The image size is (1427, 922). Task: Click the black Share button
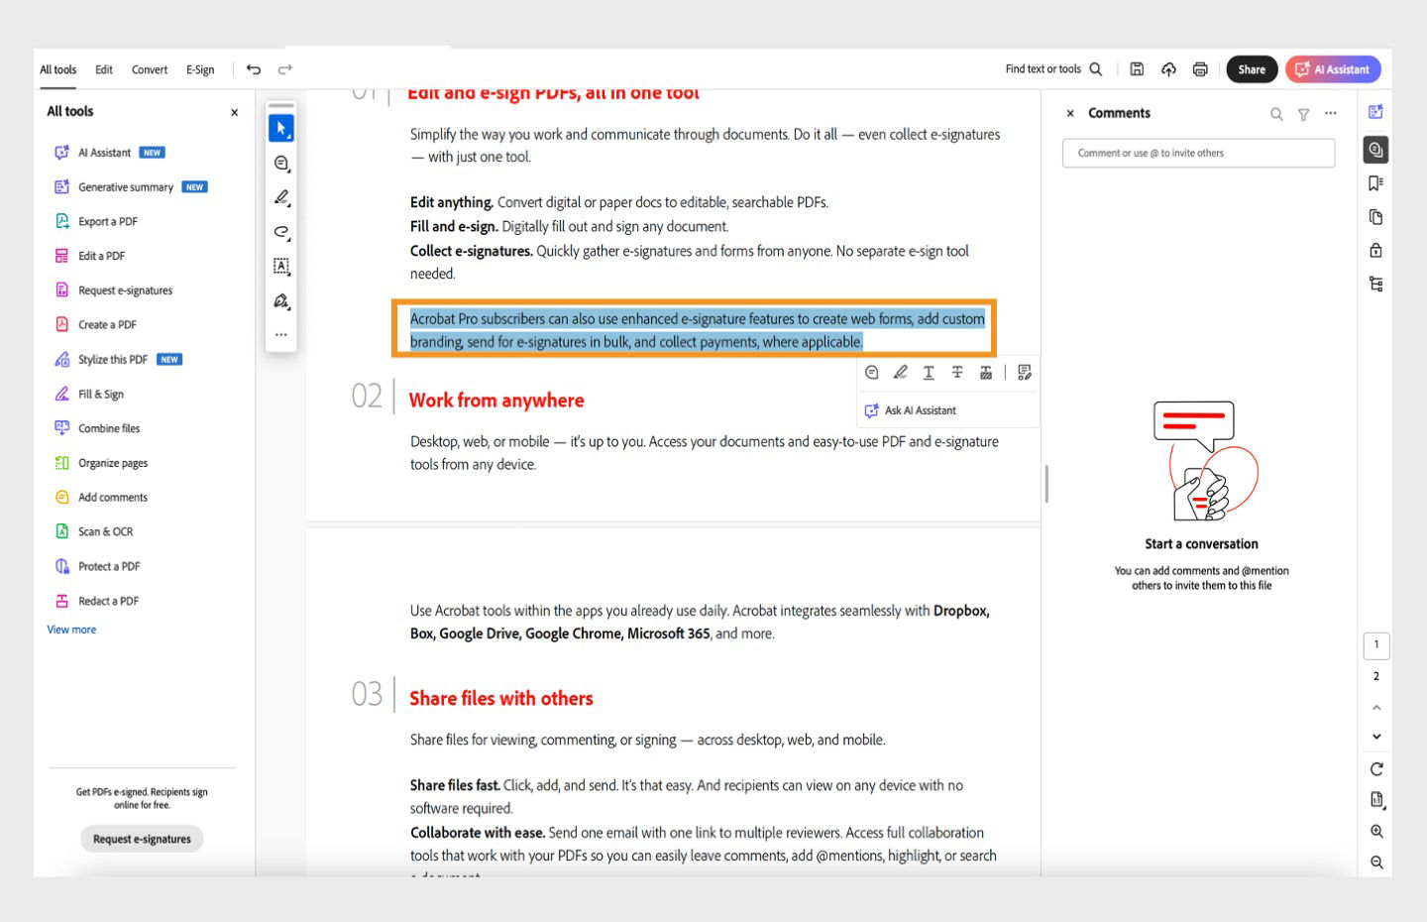pos(1251,69)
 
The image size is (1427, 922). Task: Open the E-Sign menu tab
pos(200,69)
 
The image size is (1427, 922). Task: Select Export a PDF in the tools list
pos(107,221)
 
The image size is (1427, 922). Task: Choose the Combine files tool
pos(109,428)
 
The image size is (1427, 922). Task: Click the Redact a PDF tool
pos(108,601)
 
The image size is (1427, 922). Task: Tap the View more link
pos(71,630)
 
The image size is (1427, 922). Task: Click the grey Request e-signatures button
pos(142,839)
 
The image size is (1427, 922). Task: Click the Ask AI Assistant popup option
pos(920,410)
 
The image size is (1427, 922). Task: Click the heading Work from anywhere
pos(496,401)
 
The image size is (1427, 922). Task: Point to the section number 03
pos(367,694)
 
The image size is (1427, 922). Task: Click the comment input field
pos(1198,153)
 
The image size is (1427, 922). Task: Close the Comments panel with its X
pos(1070,113)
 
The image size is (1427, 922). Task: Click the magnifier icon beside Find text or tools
pos(1096,69)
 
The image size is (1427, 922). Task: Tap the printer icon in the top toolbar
pos(1200,69)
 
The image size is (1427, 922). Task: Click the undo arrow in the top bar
pos(254,69)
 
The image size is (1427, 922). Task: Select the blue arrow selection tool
pos(281,128)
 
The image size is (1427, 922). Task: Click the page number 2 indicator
pos(1376,676)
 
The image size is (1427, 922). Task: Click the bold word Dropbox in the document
pos(960,611)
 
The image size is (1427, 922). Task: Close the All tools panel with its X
pos(235,112)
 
